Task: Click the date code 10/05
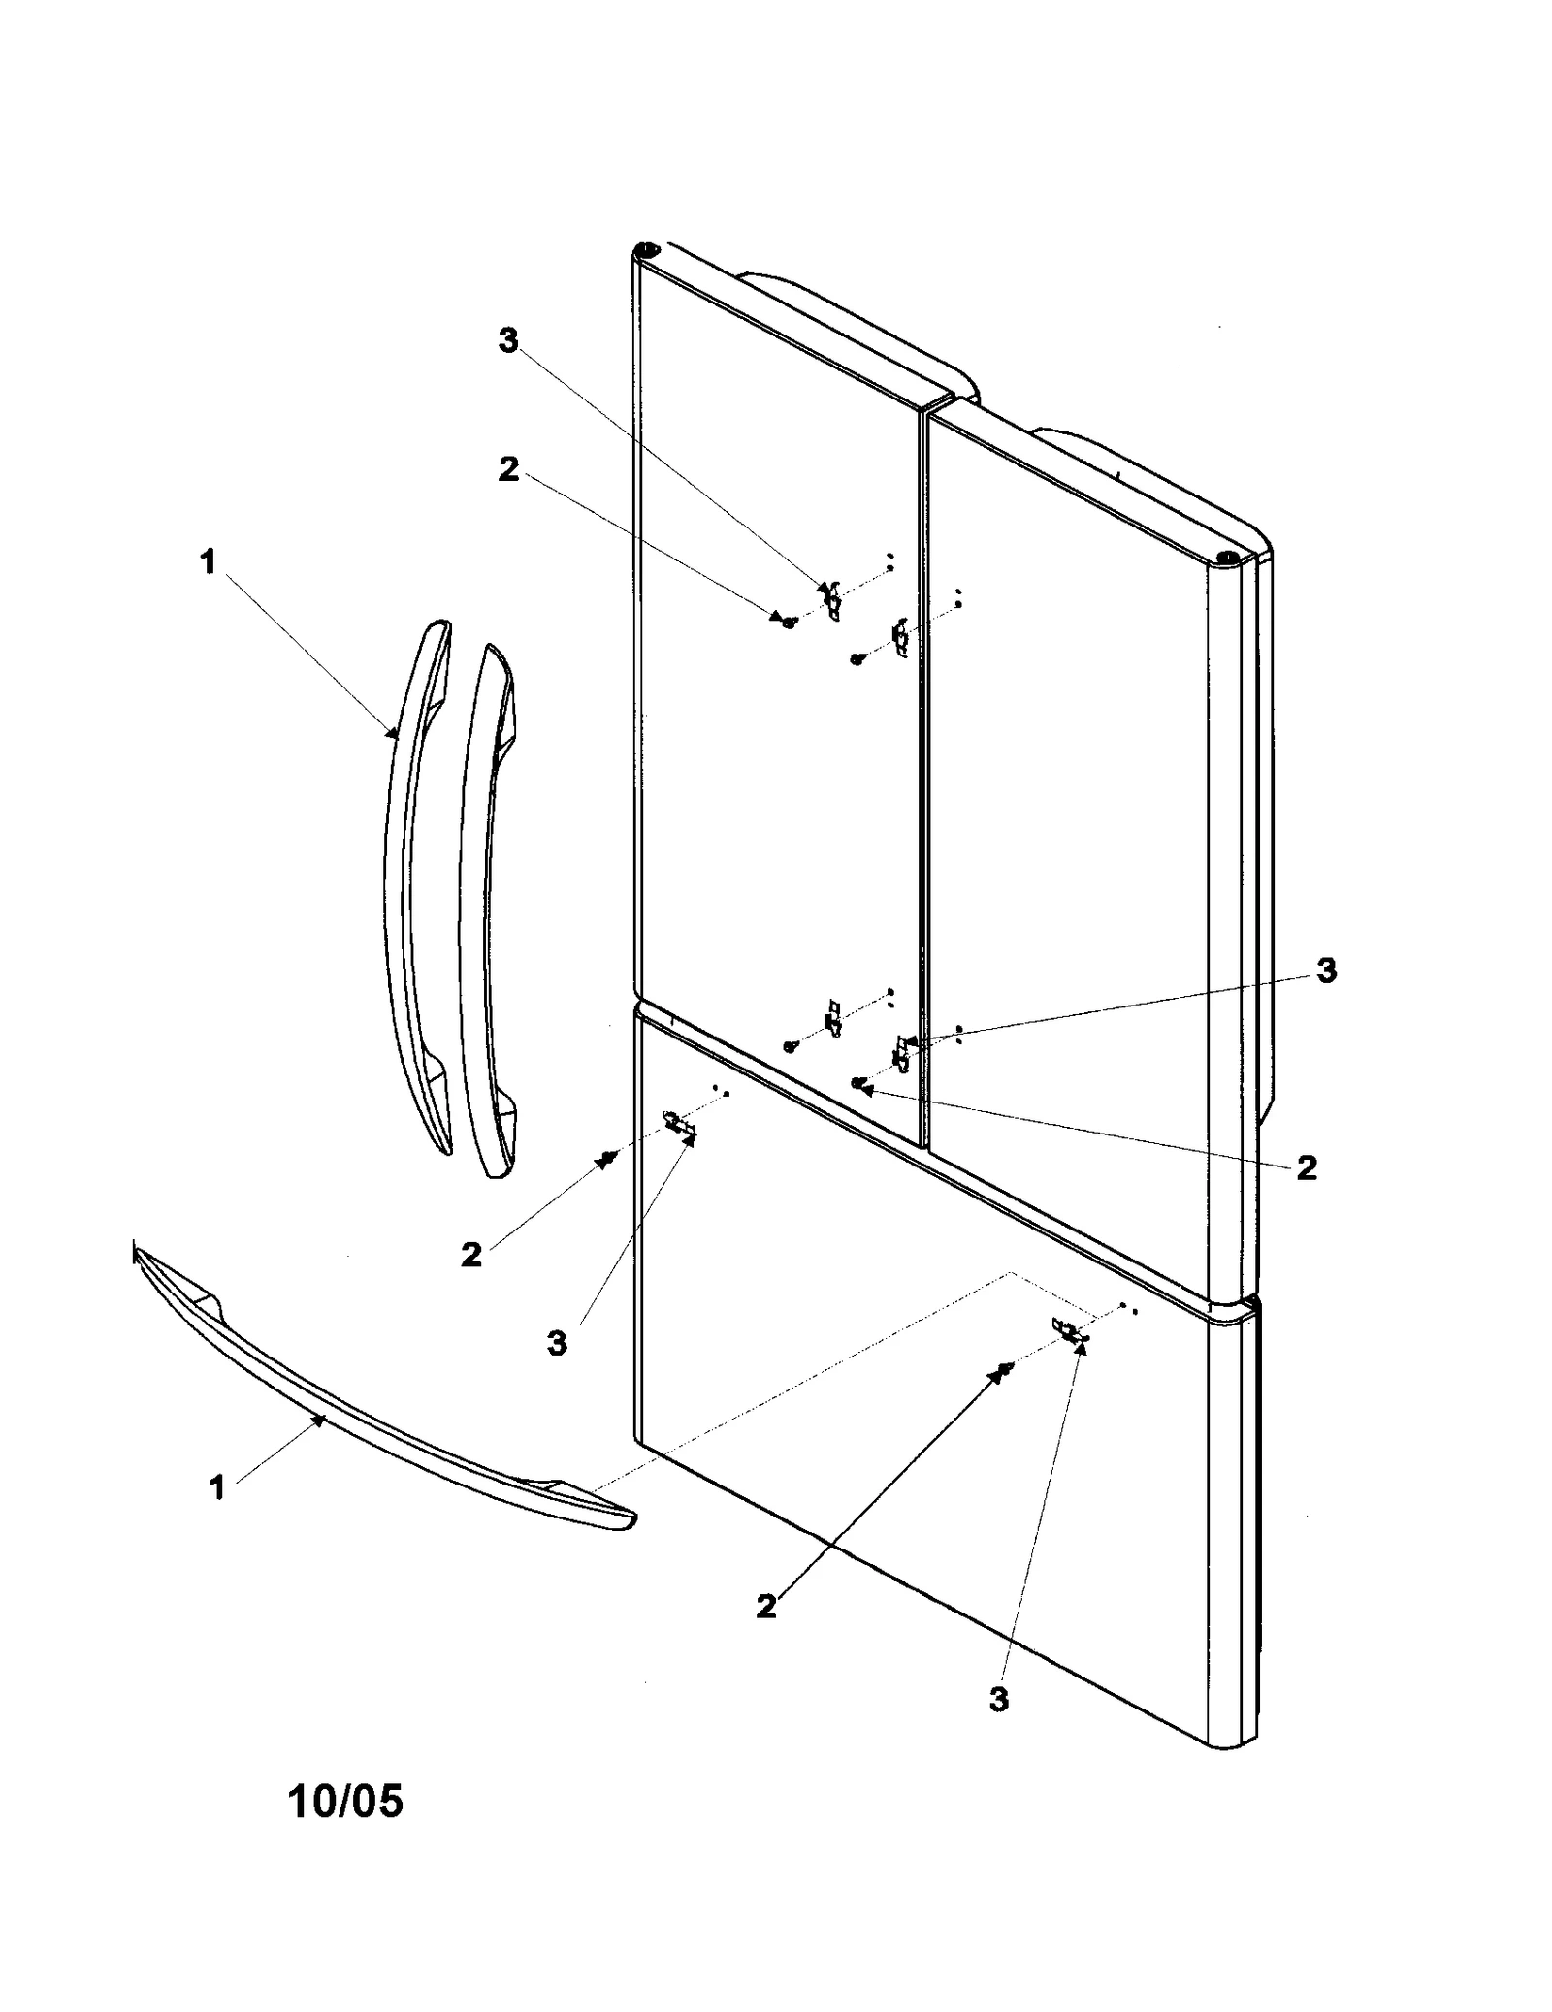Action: click(x=344, y=1802)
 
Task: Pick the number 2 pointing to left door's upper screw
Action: click(x=508, y=469)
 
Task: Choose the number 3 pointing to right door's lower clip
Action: click(x=1326, y=971)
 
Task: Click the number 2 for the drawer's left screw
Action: click(x=471, y=1256)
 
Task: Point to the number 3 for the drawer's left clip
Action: click(x=557, y=1344)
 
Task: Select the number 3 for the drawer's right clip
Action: click(x=999, y=1699)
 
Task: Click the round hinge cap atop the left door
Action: click(x=643, y=251)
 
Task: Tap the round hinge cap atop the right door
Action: click(x=1226, y=559)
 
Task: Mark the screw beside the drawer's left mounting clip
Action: click(x=608, y=1157)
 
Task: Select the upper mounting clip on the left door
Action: click(x=832, y=602)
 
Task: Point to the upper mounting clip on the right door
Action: click(x=900, y=637)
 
